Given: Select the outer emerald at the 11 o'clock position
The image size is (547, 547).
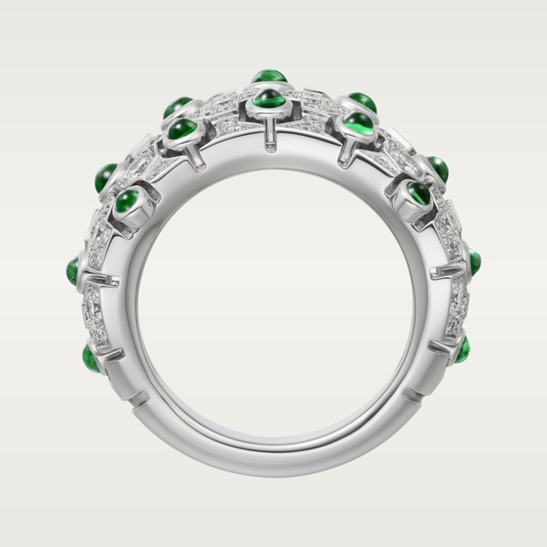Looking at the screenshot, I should pos(178,106).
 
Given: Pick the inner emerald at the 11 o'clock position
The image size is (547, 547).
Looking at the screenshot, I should pos(182,129).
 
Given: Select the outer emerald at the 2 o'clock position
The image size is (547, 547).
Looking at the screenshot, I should pos(438,169).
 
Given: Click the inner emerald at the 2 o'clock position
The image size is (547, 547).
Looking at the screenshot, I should pos(418,192).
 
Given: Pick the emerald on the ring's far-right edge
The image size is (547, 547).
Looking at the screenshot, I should pos(473,263).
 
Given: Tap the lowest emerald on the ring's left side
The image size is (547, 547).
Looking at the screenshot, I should pos(91,356).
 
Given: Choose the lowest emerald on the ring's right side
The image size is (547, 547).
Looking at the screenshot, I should pos(463,348).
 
